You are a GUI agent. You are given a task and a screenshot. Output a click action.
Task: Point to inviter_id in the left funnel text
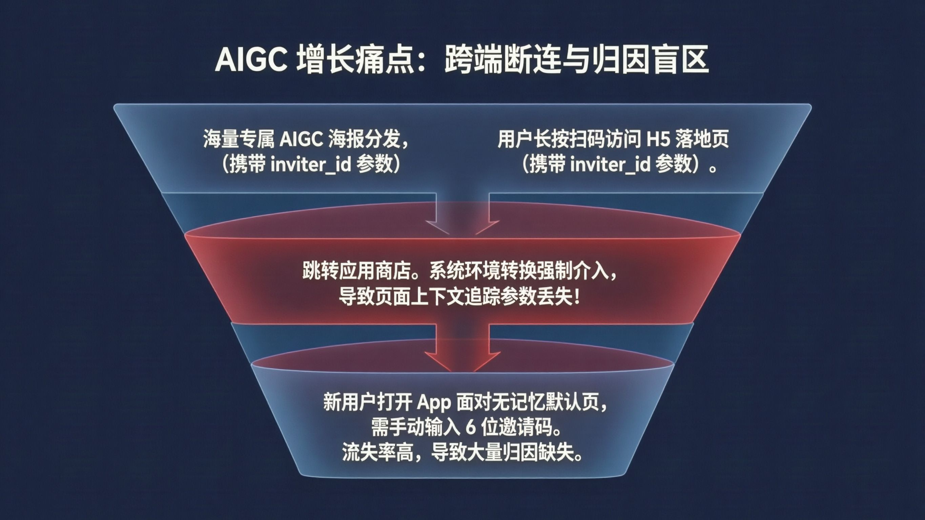coord(311,165)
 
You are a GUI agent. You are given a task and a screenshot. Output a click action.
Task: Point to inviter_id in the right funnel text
coord(610,165)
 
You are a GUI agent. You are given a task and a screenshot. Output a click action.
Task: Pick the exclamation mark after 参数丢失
coord(577,297)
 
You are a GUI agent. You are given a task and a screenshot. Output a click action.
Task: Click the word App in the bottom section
coord(434,402)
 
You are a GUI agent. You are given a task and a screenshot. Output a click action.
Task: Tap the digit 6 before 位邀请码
coord(471,428)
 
